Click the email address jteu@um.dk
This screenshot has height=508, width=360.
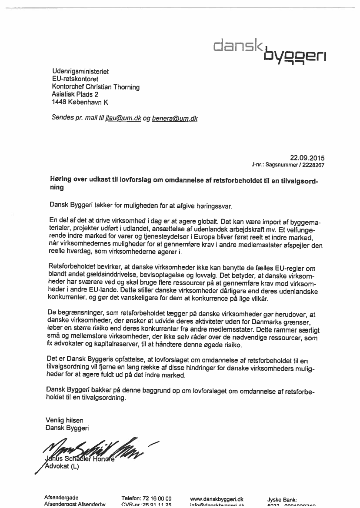123,118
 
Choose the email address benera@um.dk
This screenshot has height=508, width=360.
175,118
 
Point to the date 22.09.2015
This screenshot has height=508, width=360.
307,158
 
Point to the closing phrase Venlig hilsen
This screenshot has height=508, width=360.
64,420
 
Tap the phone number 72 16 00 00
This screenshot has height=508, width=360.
156,498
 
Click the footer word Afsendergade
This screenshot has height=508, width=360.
62,498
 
